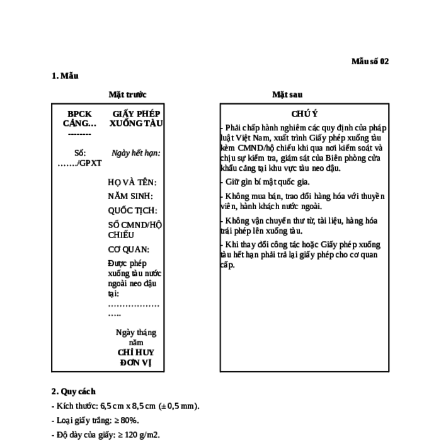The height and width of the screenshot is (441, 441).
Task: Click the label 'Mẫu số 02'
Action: pyautogui.click(x=370, y=61)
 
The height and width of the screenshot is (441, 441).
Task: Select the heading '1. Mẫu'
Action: pyautogui.click(x=65, y=76)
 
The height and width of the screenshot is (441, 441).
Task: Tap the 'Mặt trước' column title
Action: pyautogui.click(x=128, y=94)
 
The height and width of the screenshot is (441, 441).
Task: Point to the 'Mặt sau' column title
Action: pyautogui.click(x=287, y=94)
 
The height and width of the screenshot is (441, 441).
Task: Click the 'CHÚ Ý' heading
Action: pyautogui.click(x=304, y=114)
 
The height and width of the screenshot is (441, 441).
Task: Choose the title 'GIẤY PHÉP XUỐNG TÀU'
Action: pyautogui.click(x=136, y=118)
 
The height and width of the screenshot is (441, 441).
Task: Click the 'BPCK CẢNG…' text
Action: pyautogui.click(x=79, y=118)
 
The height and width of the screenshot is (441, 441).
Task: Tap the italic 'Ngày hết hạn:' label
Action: pyautogui.click(x=136, y=153)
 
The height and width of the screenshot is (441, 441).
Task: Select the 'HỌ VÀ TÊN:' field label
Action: pyautogui.click(x=132, y=182)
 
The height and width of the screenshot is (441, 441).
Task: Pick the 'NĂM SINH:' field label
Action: pyautogui.click(x=130, y=196)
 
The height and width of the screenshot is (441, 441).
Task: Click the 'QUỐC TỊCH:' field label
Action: pyautogui.click(x=132, y=210)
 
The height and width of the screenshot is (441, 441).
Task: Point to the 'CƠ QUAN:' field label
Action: pyautogui.click(x=129, y=249)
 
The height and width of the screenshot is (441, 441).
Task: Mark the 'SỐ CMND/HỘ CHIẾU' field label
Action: pyautogui.click(x=135, y=230)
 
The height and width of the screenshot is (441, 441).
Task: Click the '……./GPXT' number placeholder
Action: pyautogui.click(x=79, y=163)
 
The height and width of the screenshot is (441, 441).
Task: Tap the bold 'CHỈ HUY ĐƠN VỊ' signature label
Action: pyautogui.click(x=136, y=357)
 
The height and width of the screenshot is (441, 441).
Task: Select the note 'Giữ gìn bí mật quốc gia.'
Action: pyautogui.click(x=268, y=182)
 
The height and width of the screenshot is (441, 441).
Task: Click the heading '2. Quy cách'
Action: pyautogui.click(x=74, y=391)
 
